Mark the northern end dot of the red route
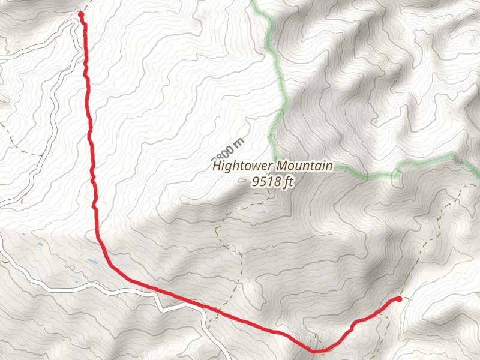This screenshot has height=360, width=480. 81,14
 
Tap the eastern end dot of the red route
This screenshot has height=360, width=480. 399,299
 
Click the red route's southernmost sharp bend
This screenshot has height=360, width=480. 313,350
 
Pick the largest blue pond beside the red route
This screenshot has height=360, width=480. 93,262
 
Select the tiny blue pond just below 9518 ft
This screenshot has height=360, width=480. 263,212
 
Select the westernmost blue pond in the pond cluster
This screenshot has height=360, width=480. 23,233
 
